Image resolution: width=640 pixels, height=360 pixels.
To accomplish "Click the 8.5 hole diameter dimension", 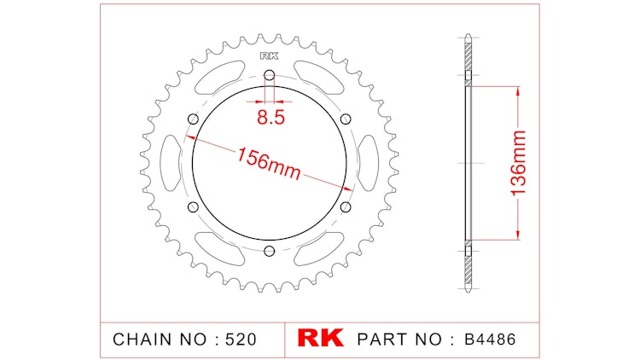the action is coord(271,118).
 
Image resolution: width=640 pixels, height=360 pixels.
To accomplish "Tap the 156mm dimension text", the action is coord(269,163).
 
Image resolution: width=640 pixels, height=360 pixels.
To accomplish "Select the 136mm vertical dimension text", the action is coord(518,163).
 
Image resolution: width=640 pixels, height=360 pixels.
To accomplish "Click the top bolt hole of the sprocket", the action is coord(269,75).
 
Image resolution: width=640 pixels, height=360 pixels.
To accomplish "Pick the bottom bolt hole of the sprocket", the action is coord(269,251).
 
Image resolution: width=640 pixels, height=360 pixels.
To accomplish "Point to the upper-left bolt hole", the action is coord(193,119).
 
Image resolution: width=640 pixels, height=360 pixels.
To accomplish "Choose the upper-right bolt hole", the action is coord(346,119).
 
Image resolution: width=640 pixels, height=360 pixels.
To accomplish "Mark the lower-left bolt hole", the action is coord(193,207).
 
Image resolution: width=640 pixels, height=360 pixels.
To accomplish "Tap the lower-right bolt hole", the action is coord(346,207).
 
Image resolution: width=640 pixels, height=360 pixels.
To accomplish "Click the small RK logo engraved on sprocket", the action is coord(269,56).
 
